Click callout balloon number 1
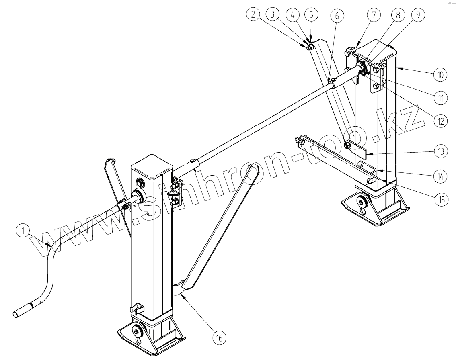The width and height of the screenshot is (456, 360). click(x=23, y=231)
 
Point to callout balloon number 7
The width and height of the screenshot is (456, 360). click(x=373, y=15)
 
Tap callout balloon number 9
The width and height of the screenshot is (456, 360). click(x=417, y=15)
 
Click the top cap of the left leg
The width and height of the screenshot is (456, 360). click(x=152, y=166)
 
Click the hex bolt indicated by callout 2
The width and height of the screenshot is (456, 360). click(x=310, y=48)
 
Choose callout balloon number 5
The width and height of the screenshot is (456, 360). click(x=311, y=15)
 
